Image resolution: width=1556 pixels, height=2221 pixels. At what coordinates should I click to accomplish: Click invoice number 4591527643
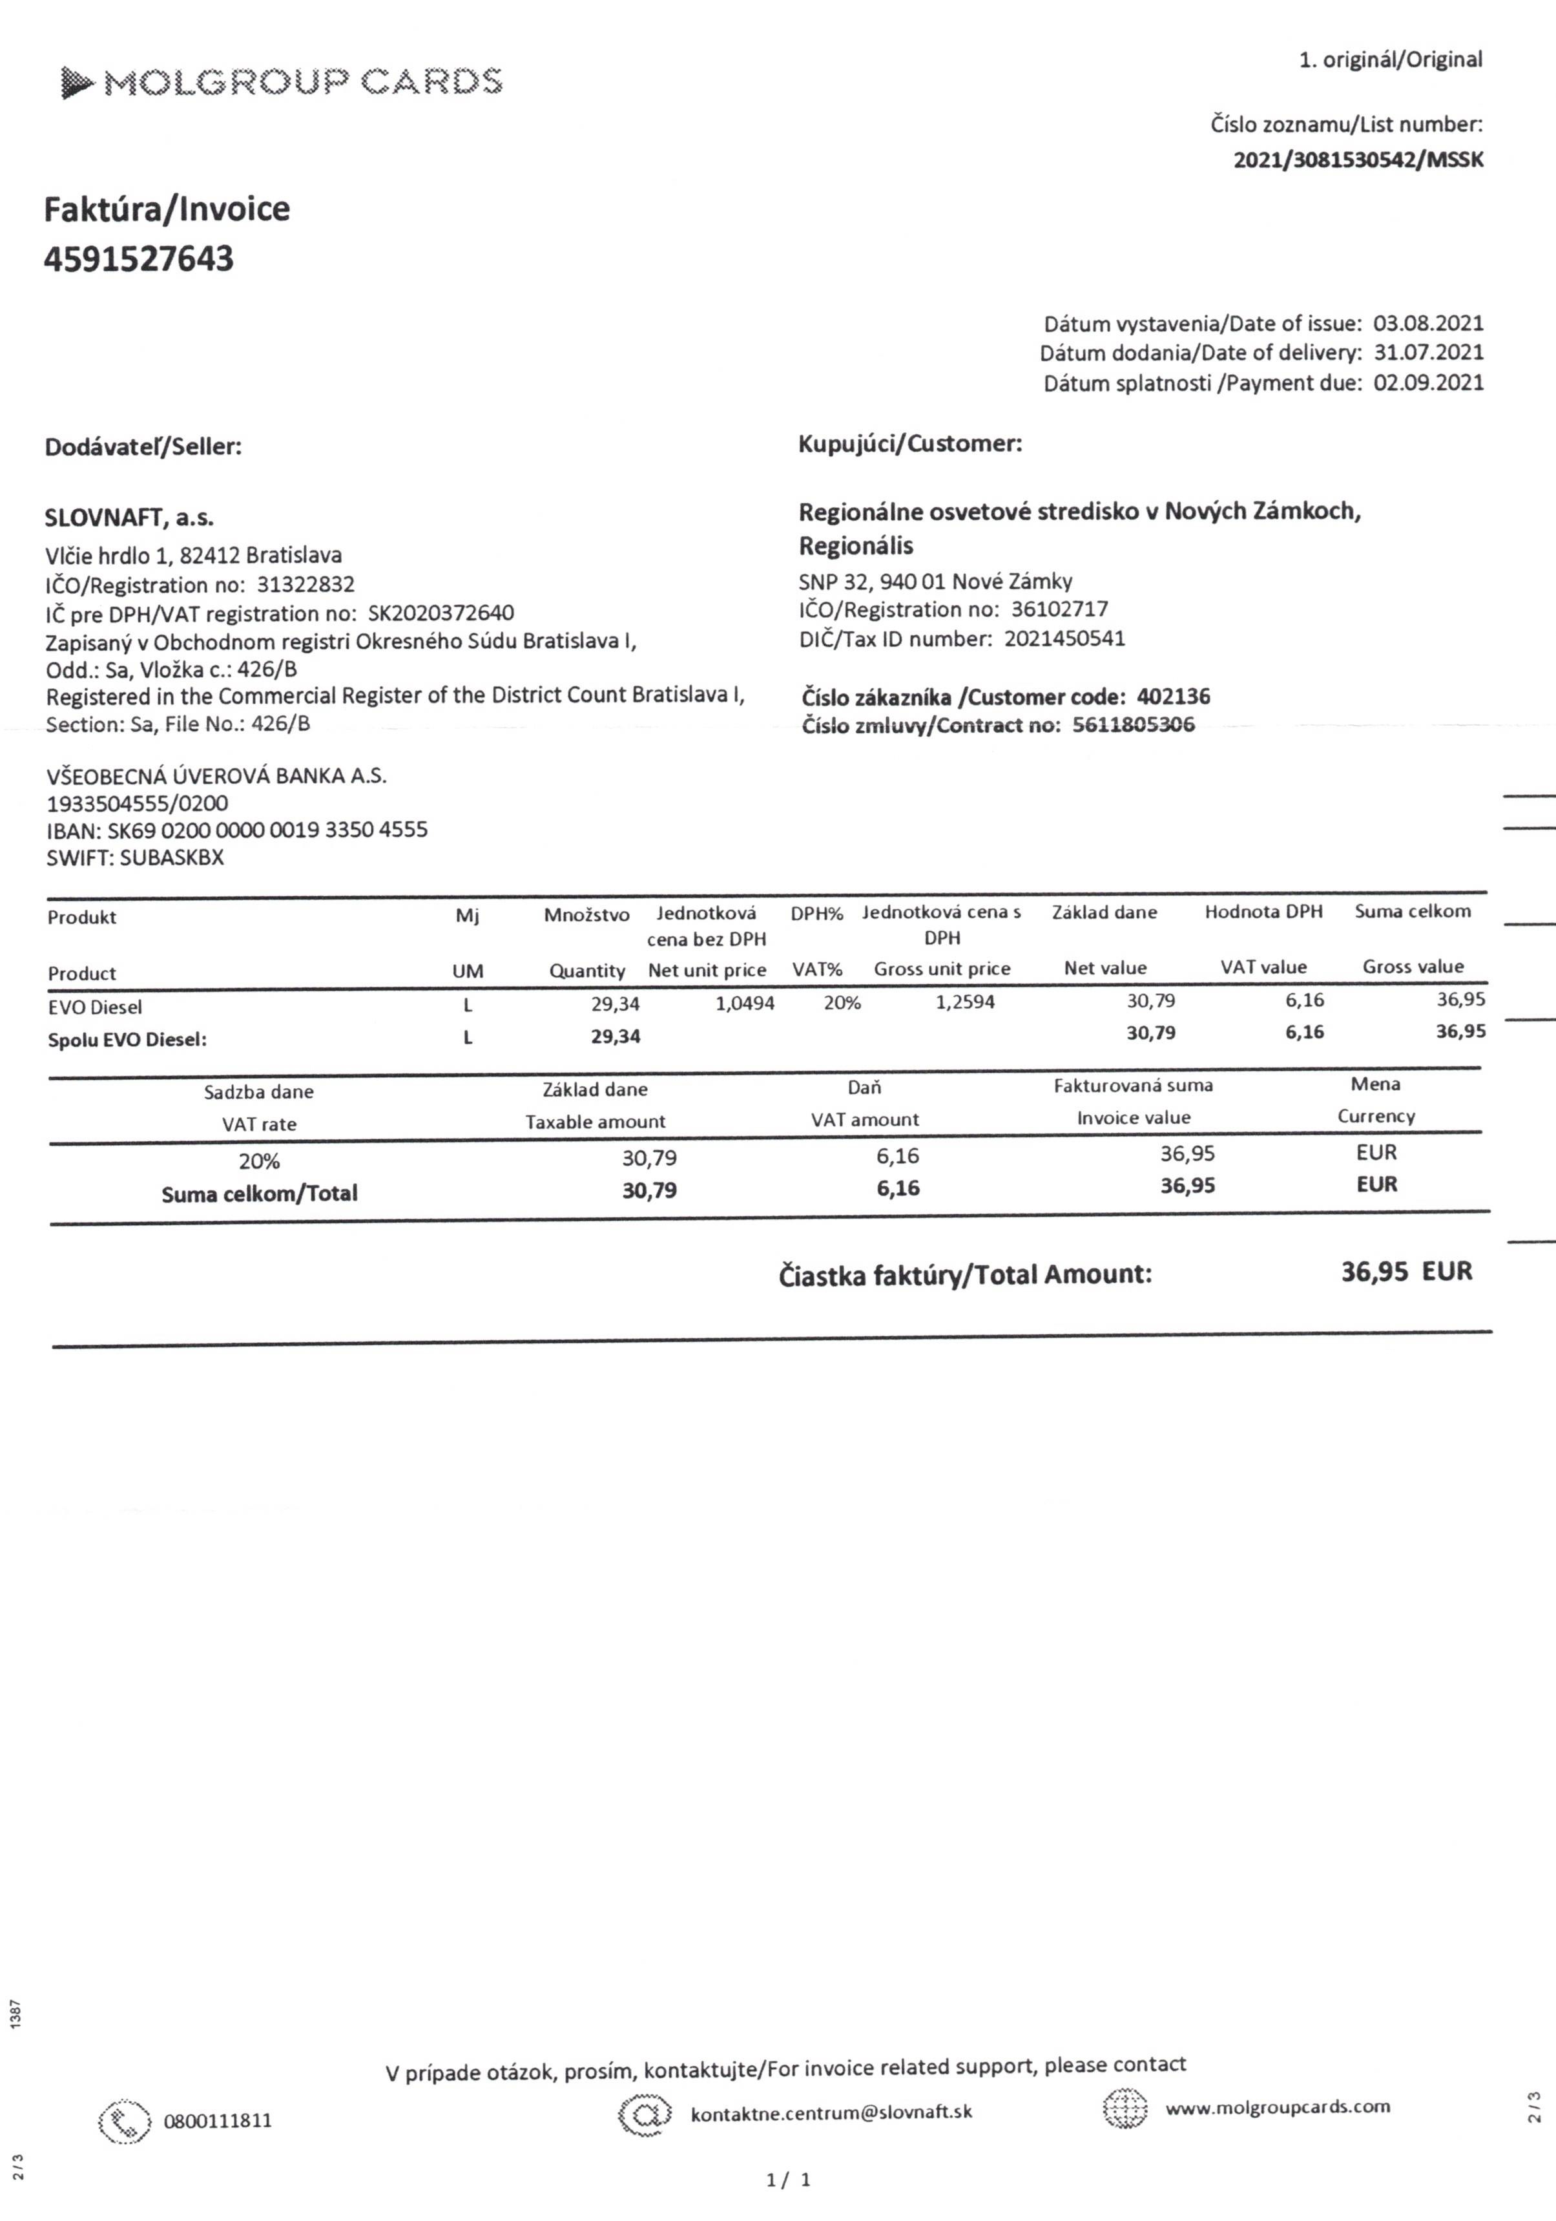(140, 259)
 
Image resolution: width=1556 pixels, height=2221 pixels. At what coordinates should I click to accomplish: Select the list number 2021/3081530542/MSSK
(1358, 160)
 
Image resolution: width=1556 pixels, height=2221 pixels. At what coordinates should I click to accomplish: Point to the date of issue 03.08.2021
(1427, 323)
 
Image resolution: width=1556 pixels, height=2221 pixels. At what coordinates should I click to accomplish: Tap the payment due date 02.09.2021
(1427, 383)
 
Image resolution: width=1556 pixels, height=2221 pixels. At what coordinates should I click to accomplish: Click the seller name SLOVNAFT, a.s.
(129, 518)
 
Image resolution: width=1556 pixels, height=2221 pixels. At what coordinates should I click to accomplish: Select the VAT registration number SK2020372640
(441, 613)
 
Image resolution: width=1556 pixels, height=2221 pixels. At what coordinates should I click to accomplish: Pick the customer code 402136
(1173, 697)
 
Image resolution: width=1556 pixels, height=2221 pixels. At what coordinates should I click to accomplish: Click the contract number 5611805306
(1134, 724)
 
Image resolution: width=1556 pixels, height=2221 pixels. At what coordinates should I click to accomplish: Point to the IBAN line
(237, 830)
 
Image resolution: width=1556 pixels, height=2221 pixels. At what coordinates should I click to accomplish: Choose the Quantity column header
(587, 970)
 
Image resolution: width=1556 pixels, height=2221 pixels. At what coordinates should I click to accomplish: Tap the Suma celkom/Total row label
(259, 1194)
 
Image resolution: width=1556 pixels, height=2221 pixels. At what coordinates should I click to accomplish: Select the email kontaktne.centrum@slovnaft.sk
(831, 2112)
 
